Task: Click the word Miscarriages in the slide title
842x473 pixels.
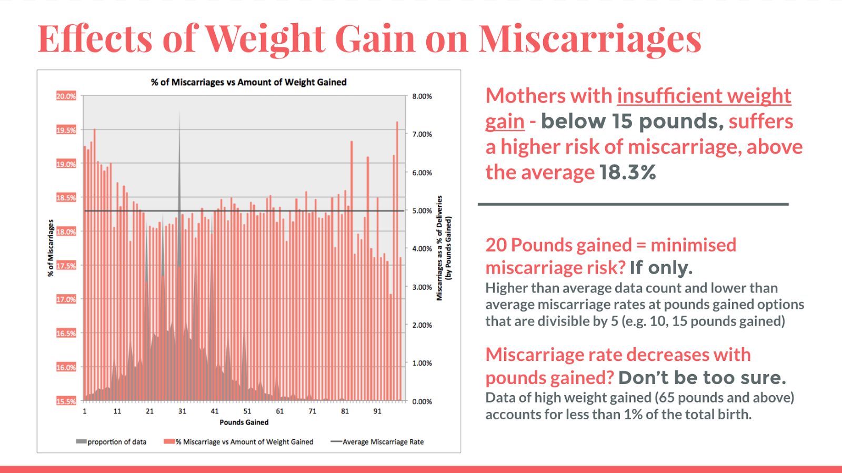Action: coord(589,40)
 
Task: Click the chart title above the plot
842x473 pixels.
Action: coord(248,82)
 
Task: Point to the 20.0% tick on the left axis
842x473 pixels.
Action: coord(66,96)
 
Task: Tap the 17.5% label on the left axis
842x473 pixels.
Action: coord(66,266)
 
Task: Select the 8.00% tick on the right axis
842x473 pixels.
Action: coord(422,96)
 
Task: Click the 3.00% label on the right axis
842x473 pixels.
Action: coord(422,287)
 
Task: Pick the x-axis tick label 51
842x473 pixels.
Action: coord(247,411)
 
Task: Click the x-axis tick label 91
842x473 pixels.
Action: coord(377,411)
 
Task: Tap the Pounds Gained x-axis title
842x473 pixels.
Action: coord(244,422)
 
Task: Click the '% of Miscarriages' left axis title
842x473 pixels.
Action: coord(51,248)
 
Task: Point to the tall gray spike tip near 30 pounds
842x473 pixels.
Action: coord(179,113)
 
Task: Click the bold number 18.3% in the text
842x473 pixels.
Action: coord(627,173)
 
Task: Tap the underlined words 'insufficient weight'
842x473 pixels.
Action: coord(704,96)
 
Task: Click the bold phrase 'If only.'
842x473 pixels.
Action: coord(661,268)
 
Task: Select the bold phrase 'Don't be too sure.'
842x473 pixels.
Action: coord(702,378)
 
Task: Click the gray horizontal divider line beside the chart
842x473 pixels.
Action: coord(633,204)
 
